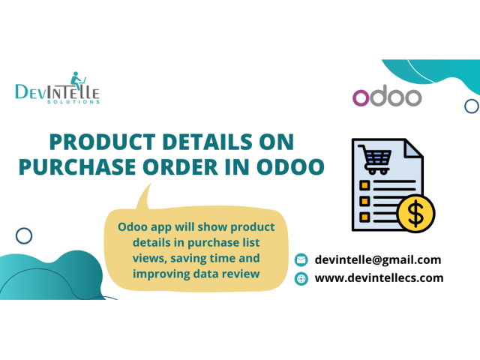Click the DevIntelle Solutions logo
[x=58, y=88]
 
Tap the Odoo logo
[x=387, y=96]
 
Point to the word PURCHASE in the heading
[x=77, y=167]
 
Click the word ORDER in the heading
[x=180, y=167]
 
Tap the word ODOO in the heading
[x=290, y=167]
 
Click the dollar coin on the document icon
[x=415, y=213]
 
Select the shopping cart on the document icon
[x=375, y=160]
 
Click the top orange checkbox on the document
[x=364, y=185]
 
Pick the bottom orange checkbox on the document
[x=364, y=217]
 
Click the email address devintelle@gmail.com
[x=378, y=260]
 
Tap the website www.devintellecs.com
[x=379, y=278]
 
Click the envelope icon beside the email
[x=301, y=260]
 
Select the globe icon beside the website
[x=301, y=278]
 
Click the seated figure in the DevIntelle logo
[x=76, y=80]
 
